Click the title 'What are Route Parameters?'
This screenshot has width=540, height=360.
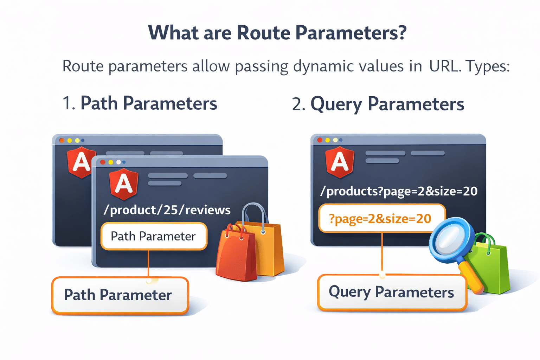click(x=277, y=33)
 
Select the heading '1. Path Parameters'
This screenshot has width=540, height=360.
click(x=140, y=104)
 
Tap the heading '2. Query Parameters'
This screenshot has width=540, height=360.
click(x=378, y=104)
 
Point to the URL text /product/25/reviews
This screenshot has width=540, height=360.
click(x=167, y=210)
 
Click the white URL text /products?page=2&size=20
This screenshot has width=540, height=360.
click(x=399, y=191)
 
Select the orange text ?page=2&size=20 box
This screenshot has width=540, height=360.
click(x=381, y=219)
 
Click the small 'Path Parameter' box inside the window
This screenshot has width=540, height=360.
click(x=154, y=236)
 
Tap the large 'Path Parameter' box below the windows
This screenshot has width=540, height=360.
click(x=120, y=295)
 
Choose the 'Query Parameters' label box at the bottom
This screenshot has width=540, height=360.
click(x=391, y=292)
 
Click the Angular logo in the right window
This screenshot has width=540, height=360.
click(x=340, y=162)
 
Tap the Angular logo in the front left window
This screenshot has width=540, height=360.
click(x=124, y=184)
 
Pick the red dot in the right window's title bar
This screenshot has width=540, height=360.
click(x=320, y=140)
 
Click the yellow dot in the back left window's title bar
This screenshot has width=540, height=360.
click(x=70, y=141)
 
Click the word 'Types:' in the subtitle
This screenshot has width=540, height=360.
click(x=487, y=66)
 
